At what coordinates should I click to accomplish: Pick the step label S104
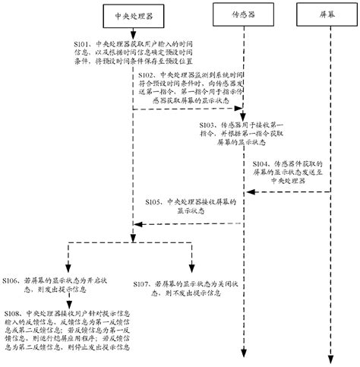pos(261,163)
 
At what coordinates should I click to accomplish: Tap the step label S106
pos(13,280)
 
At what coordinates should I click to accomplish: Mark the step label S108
pos(13,312)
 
